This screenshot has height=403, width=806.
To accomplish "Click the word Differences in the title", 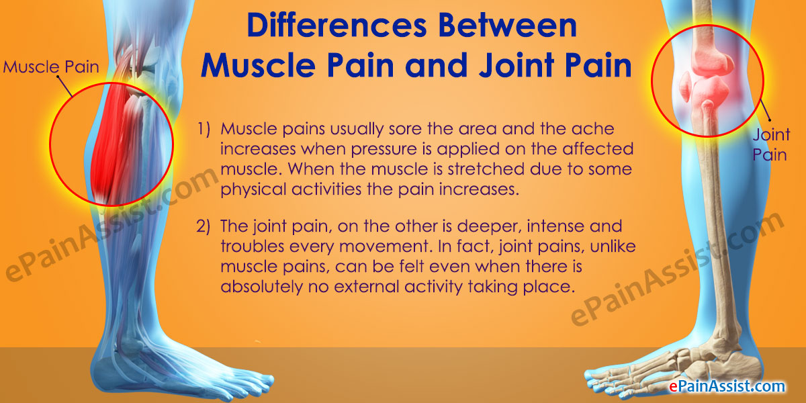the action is tap(337, 26).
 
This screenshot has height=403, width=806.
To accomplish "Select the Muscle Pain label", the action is tap(51, 67).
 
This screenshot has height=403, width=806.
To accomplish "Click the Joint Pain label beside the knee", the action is tap(771, 144).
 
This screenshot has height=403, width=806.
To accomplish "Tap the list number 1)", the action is tap(204, 129).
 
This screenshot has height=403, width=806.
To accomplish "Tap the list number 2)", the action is tap(203, 226).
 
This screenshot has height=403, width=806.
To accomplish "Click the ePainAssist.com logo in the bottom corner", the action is tap(727, 386).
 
